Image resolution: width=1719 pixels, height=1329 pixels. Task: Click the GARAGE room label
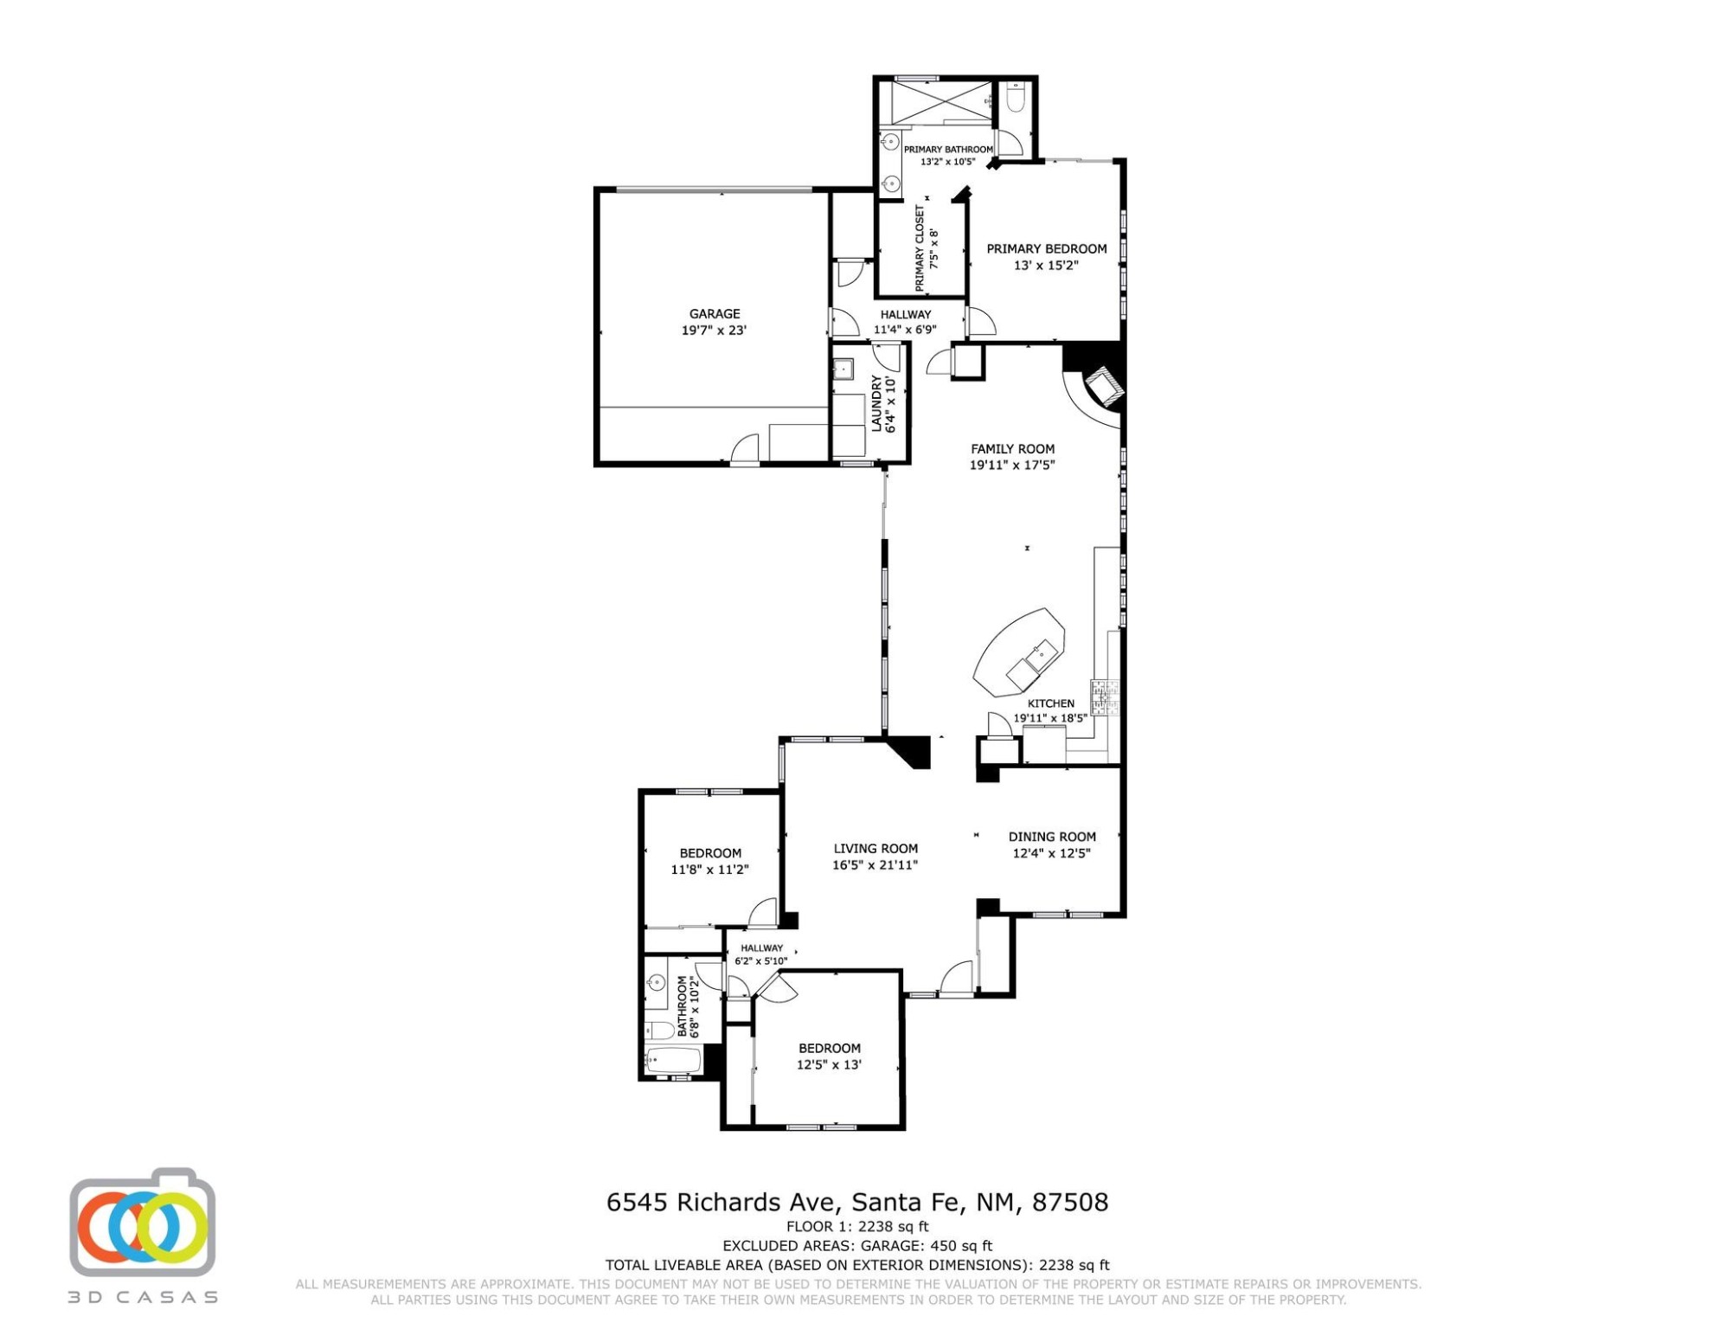[x=714, y=314]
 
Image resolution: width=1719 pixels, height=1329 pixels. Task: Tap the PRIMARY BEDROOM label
[x=1046, y=249]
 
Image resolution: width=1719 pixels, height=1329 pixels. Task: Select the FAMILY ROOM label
[x=1012, y=449]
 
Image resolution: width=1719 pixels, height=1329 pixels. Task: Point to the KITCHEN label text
[x=1050, y=703]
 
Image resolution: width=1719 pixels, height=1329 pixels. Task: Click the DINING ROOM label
[x=1052, y=837]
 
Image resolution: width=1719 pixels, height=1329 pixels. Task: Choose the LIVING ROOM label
[x=876, y=849]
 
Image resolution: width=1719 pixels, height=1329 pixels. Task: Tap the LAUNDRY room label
[x=876, y=403]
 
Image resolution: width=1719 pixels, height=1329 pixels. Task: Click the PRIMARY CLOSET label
[x=920, y=248]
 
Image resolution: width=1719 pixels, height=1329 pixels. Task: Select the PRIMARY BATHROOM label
[x=948, y=150]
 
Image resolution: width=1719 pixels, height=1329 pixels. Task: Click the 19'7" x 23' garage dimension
[x=714, y=331]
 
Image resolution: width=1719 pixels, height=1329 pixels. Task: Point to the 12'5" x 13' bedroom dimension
[x=829, y=1065]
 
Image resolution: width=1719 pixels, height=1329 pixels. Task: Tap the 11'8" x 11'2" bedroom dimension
[x=709, y=870]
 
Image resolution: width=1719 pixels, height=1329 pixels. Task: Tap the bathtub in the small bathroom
[x=673, y=1061]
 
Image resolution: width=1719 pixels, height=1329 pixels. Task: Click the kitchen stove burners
[x=1104, y=697]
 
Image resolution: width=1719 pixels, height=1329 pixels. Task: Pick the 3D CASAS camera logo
[x=143, y=1222]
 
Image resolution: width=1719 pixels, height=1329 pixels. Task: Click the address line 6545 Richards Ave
[x=856, y=1203]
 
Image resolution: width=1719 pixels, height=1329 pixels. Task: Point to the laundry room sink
[x=842, y=370]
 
